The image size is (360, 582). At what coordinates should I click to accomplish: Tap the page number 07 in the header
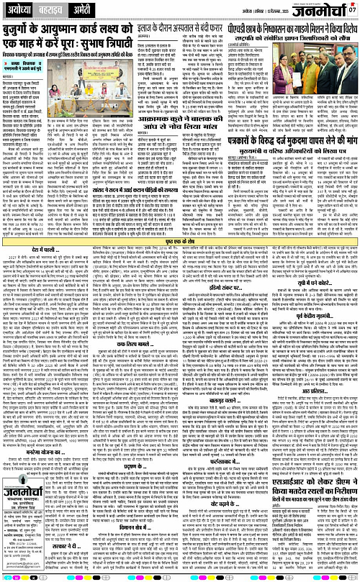pyautogui.click(x=353, y=10)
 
